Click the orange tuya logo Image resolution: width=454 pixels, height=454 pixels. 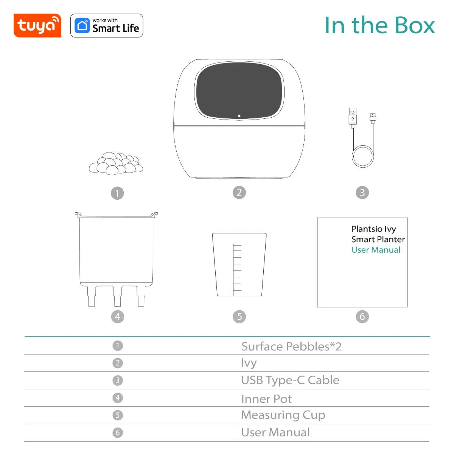click(x=37, y=26)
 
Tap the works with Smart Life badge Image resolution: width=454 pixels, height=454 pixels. click(x=107, y=26)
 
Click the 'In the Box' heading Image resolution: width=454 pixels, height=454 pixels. click(x=379, y=25)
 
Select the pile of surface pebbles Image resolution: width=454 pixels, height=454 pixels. click(x=116, y=163)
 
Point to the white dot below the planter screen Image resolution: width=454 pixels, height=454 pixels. click(x=239, y=116)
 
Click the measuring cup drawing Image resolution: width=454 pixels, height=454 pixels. click(x=239, y=265)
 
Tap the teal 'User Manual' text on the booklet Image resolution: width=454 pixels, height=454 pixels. click(x=376, y=250)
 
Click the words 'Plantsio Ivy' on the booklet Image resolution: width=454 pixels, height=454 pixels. click(x=373, y=229)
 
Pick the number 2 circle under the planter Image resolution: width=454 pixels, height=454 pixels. click(x=239, y=193)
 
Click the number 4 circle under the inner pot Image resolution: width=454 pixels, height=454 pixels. click(x=117, y=316)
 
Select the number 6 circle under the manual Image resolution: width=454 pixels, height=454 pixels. click(x=362, y=316)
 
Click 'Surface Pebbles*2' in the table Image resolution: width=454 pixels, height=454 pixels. click(x=291, y=347)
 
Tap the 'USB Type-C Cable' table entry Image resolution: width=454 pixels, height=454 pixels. click(x=290, y=380)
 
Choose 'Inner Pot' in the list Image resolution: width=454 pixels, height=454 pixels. click(x=266, y=399)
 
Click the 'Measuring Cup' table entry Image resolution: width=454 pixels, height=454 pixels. click(x=283, y=415)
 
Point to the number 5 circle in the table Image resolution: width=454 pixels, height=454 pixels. click(x=118, y=415)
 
